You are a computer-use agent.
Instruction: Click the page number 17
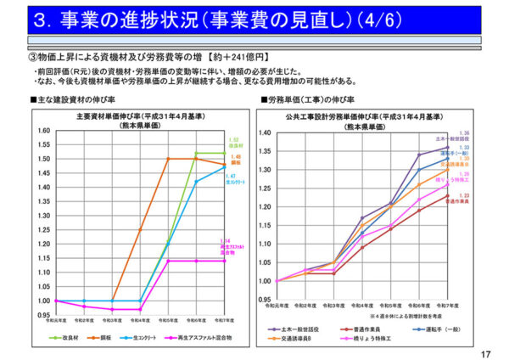486,353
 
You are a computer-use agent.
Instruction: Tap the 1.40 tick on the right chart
265,133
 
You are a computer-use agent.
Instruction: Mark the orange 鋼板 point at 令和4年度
140,229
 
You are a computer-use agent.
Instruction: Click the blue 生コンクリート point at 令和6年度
196,181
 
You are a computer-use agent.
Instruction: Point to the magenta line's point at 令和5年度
168,261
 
